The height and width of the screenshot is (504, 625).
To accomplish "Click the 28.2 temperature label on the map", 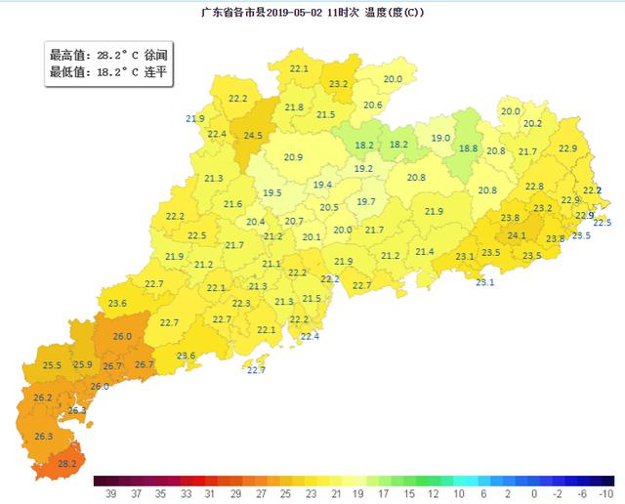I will [66, 464].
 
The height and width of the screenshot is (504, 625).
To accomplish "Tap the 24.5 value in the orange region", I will [253, 136].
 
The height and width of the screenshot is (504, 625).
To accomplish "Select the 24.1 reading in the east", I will [517, 235].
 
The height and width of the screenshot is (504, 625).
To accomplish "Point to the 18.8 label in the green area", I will [468, 148].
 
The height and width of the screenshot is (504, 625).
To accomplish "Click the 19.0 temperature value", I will [440, 138].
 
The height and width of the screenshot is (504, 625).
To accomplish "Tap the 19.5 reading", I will [272, 193].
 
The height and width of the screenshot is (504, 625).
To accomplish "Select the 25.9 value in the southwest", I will [83, 364].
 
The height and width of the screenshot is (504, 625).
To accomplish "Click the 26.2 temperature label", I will [42, 398].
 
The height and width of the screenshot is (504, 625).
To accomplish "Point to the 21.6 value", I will [232, 204].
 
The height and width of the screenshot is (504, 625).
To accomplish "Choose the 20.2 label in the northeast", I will [532, 124].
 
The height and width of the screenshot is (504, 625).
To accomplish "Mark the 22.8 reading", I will [534, 187].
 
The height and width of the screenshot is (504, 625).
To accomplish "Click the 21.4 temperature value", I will [425, 252].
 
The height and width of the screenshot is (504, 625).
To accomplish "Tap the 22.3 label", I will [241, 304].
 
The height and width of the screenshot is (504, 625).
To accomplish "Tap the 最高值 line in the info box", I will [107, 56].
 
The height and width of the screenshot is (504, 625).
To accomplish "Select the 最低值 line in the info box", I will [107, 72].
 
